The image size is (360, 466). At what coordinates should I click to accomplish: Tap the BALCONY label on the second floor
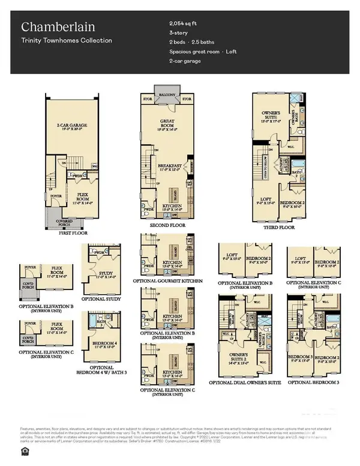tap(165, 94)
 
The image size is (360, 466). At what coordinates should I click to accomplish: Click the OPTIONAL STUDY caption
tap(105, 299)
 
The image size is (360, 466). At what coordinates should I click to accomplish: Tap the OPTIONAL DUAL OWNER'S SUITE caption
tap(245, 383)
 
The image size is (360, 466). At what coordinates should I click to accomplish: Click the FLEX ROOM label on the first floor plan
tap(74, 196)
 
